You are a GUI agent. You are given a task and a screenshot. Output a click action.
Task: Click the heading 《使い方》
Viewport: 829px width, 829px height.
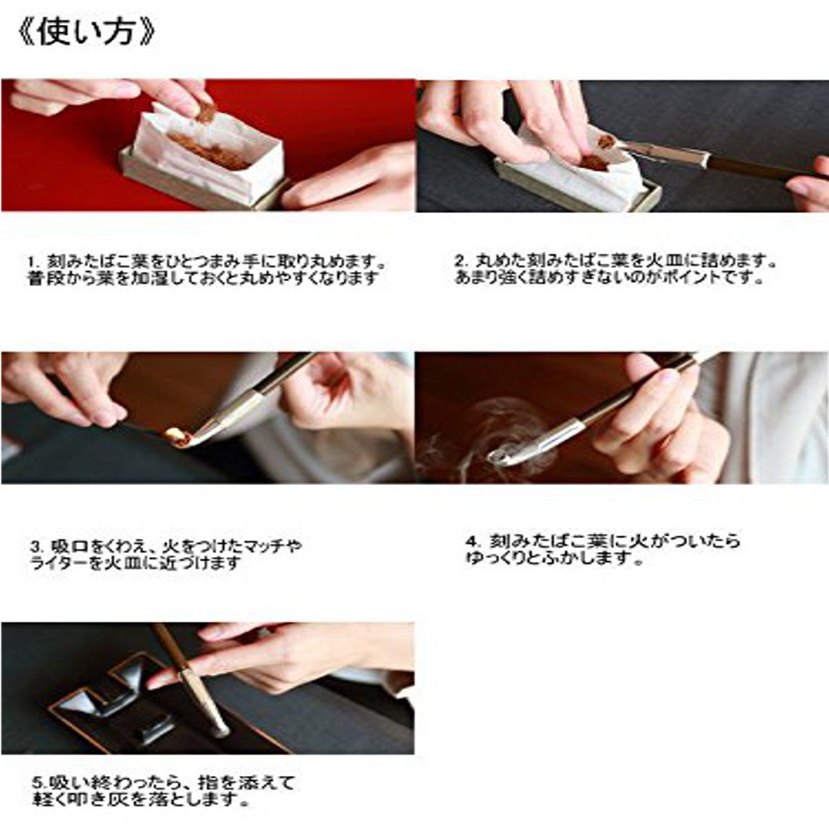[86, 32]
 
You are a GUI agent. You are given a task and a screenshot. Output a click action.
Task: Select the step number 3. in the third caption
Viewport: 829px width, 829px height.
[36, 546]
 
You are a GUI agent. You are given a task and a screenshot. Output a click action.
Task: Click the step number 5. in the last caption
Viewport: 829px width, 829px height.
[36, 783]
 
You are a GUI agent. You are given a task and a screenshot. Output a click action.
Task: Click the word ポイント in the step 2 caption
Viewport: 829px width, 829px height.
[720, 279]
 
